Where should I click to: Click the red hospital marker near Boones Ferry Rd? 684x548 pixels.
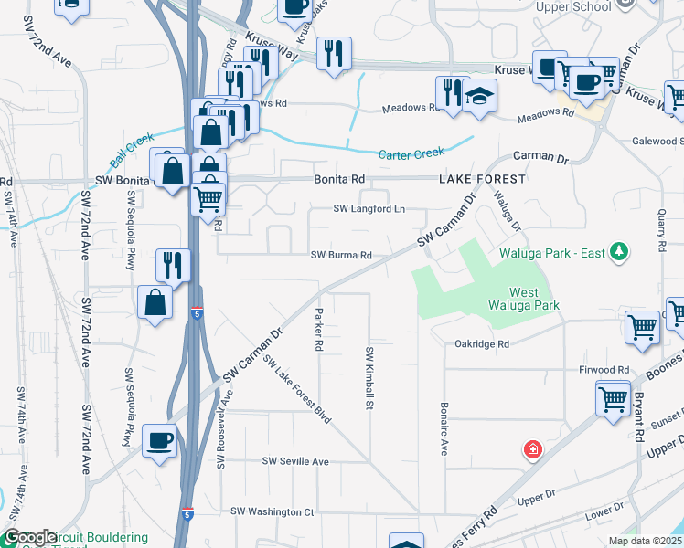click(531, 449)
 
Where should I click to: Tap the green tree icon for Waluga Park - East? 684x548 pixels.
click(619, 251)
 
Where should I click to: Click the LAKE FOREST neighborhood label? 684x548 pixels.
click(482, 179)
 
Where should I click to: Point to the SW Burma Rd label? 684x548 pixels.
click(341, 256)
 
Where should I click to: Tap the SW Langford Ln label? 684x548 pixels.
click(369, 209)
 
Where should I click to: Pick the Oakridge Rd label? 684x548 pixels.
click(481, 344)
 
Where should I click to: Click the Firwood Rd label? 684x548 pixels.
click(604, 370)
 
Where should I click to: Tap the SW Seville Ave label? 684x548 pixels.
click(295, 462)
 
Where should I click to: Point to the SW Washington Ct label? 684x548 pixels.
click(273, 512)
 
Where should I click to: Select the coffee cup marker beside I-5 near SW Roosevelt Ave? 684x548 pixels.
click(160, 442)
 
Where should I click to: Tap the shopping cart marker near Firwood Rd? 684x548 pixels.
click(612, 398)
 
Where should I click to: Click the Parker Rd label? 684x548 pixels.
click(319, 330)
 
